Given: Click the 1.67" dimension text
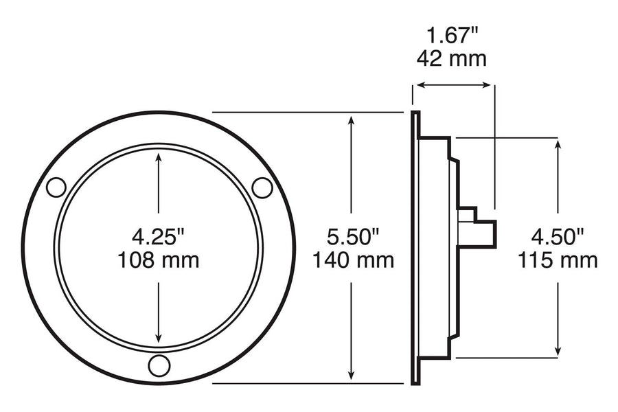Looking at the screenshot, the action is (452, 36).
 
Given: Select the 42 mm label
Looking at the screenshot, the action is (452, 59).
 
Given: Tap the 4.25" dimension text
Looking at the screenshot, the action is (158, 237).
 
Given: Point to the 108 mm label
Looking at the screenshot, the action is (159, 260).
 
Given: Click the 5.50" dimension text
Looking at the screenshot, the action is (353, 237).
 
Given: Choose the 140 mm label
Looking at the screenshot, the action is (353, 260).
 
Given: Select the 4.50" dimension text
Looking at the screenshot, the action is (558, 237).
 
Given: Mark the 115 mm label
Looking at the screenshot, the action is (558, 260).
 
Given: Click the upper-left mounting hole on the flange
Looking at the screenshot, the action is (56, 187).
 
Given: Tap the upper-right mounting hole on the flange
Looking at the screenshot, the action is (262, 187).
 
